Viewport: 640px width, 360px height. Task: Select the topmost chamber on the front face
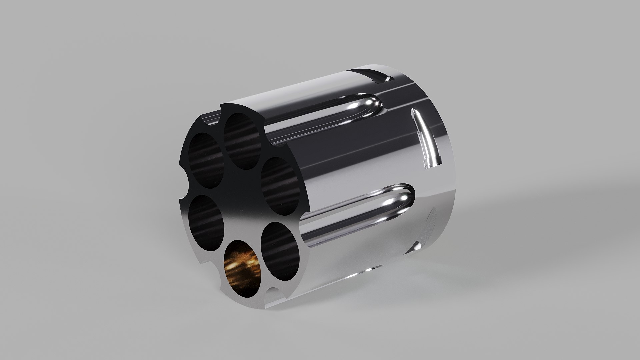[x=242, y=140]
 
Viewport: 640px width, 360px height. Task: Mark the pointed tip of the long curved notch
[x=415, y=112]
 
